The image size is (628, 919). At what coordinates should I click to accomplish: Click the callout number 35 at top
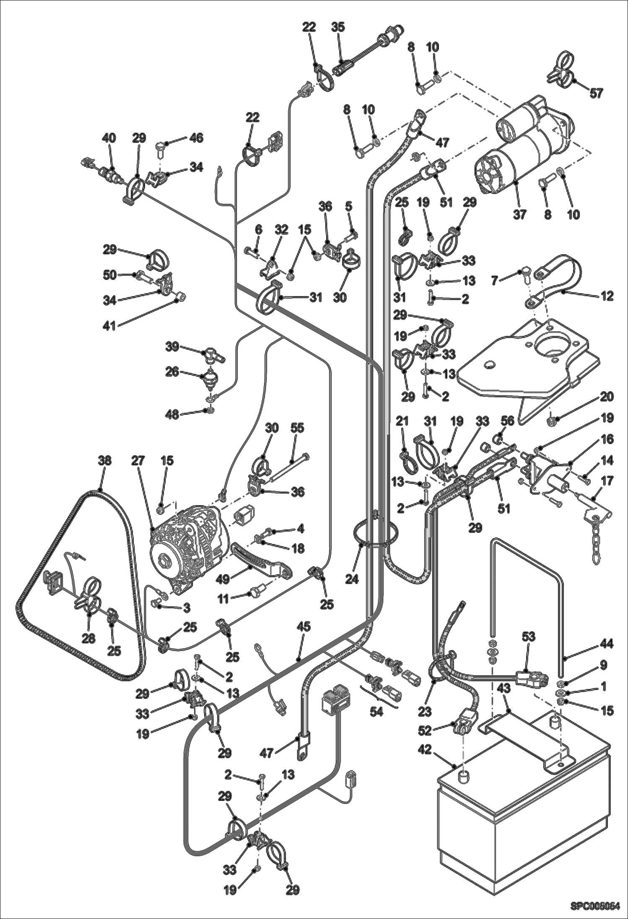click(x=337, y=27)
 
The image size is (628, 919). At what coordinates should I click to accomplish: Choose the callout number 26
click(x=172, y=372)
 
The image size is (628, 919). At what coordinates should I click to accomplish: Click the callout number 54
click(x=376, y=711)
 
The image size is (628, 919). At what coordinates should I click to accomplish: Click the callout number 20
click(x=606, y=396)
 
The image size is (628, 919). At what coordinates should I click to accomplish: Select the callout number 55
click(x=298, y=428)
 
